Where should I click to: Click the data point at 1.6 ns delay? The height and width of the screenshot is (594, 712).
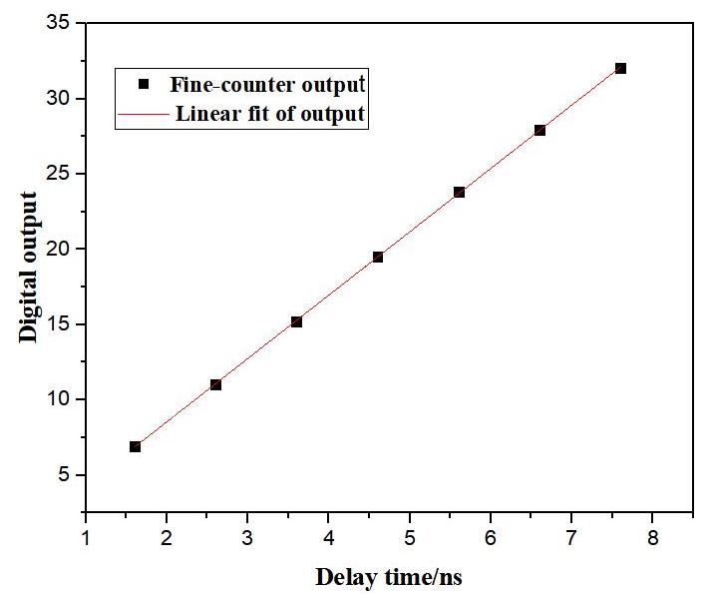click(x=135, y=446)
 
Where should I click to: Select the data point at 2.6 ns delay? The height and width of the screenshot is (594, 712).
click(x=215, y=384)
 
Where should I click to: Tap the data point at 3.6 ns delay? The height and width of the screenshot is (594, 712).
click(x=296, y=321)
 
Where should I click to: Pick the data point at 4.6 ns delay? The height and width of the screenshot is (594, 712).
click(x=378, y=258)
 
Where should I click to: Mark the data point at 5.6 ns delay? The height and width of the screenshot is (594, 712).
click(x=459, y=192)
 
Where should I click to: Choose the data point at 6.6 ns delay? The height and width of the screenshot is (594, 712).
click(x=539, y=130)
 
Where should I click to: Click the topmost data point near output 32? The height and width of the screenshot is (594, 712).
click(x=620, y=68)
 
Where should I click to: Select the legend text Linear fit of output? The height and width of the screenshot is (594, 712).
click(x=270, y=114)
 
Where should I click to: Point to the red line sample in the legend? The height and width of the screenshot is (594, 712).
click(x=144, y=115)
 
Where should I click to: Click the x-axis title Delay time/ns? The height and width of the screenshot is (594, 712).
click(x=389, y=577)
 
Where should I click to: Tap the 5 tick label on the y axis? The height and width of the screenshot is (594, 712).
click(x=65, y=474)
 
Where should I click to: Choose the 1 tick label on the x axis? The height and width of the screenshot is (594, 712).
click(x=86, y=537)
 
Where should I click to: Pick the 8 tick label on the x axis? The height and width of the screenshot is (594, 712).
click(x=652, y=537)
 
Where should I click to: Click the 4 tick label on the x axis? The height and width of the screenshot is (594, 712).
click(x=328, y=537)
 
